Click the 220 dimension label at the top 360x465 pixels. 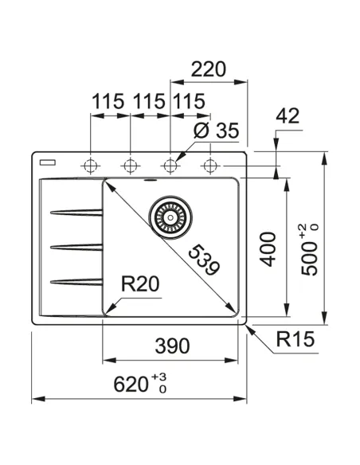tap(209, 68)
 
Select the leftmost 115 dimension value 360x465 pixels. tap(108, 102)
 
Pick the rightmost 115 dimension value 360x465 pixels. tap(188, 102)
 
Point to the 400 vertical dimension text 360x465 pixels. tap(268, 248)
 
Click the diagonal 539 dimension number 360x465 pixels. tap(202, 260)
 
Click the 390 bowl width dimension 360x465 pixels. tap(172, 346)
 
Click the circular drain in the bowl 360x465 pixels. tap(168, 214)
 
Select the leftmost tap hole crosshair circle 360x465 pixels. tap(90, 165)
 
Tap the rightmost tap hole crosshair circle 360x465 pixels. tap(210, 165)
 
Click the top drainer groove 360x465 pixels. tap(76, 212)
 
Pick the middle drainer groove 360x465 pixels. tap(76, 246)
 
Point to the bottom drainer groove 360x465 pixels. tap(76, 279)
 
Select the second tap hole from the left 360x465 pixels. tap(129, 165)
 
